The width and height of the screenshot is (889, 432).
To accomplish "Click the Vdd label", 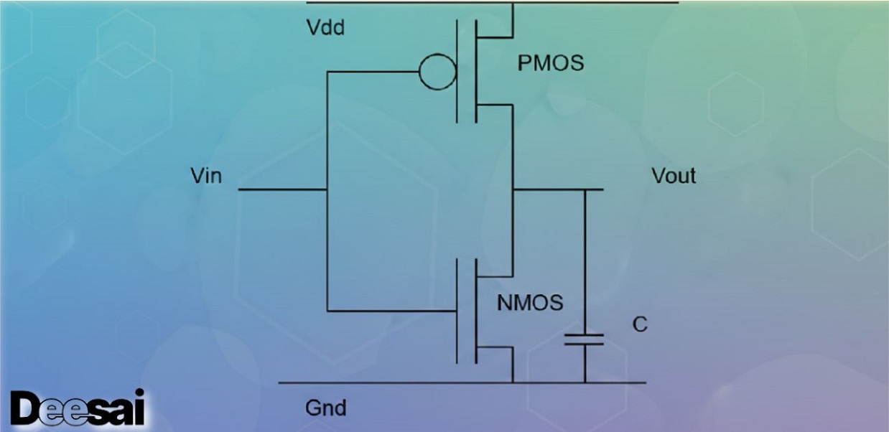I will [x=325, y=27].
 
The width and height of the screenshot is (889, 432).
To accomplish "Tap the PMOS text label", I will [x=550, y=63].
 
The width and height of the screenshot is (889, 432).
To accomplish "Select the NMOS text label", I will [x=530, y=303].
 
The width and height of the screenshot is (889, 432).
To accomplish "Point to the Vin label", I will [x=206, y=176].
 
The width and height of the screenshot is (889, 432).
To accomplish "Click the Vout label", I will [x=673, y=176].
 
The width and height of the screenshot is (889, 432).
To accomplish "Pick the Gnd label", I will [x=325, y=408].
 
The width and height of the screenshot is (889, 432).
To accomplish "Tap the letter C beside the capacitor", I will [x=639, y=324].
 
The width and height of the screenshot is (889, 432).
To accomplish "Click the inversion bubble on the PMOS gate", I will [x=437, y=72].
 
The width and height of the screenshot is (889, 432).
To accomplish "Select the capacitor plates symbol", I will [x=584, y=339].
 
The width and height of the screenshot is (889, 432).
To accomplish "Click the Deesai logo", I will [x=77, y=409].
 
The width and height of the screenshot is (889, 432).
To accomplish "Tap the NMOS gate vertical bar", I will [x=457, y=311].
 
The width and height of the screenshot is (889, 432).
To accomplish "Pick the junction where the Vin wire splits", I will [x=327, y=190].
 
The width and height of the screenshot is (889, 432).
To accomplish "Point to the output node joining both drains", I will [x=512, y=190].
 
